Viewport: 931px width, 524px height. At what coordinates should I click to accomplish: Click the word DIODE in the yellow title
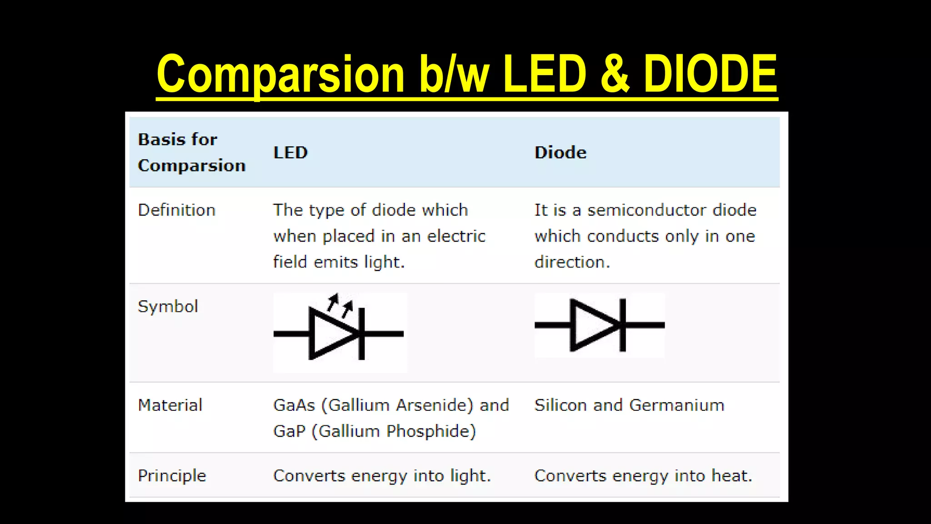(x=710, y=74)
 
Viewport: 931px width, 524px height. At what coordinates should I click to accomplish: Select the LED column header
(x=290, y=152)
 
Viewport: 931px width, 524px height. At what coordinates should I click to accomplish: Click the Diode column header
(x=560, y=152)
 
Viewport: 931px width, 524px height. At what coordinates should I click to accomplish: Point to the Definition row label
(x=176, y=210)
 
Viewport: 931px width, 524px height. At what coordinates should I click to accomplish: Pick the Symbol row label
(x=168, y=307)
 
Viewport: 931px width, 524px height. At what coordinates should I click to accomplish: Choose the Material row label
(x=170, y=405)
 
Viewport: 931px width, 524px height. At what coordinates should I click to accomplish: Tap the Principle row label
(x=172, y=476)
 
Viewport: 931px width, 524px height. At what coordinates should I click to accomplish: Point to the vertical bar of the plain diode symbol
(x=622, y=325)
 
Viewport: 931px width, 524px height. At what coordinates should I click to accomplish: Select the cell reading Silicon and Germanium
(x=629, y=405)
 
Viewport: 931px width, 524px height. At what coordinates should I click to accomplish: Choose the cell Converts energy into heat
(x=643, y=476)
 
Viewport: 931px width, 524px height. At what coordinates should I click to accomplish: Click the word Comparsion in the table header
(x=191, y=166)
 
